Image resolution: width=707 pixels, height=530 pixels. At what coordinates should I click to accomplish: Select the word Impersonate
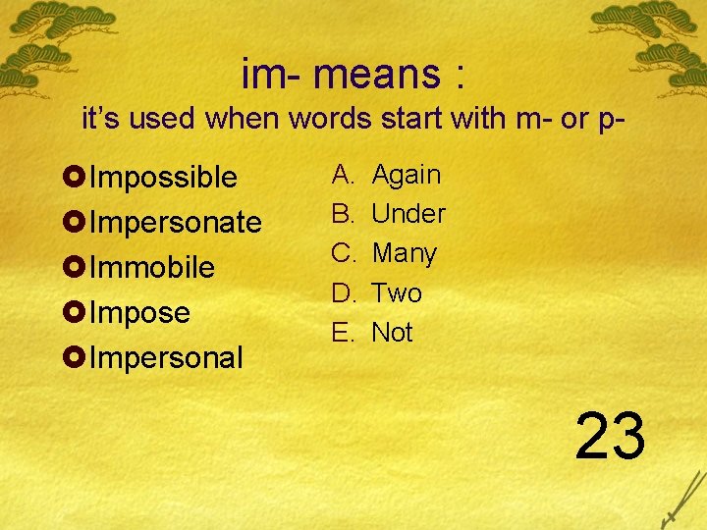[x=175, y=223]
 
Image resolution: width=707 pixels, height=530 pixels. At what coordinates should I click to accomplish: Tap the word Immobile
[x=152, y=268]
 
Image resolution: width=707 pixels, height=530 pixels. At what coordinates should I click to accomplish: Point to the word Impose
[x=139, y=313]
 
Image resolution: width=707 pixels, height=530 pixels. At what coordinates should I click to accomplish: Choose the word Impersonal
[x=165, y=358]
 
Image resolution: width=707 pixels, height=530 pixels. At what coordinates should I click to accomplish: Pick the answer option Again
[x=407, y=175]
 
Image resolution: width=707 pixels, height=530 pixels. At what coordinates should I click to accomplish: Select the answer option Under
[x=408, y=214]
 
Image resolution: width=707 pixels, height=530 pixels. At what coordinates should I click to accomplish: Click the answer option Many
[x=404, y=253]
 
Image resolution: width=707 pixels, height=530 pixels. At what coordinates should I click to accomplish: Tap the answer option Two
[x=397, y=293]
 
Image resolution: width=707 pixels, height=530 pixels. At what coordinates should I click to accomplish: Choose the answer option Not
[x=392, y=333]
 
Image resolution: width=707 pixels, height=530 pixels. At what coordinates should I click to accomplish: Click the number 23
[x=610, y=435]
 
